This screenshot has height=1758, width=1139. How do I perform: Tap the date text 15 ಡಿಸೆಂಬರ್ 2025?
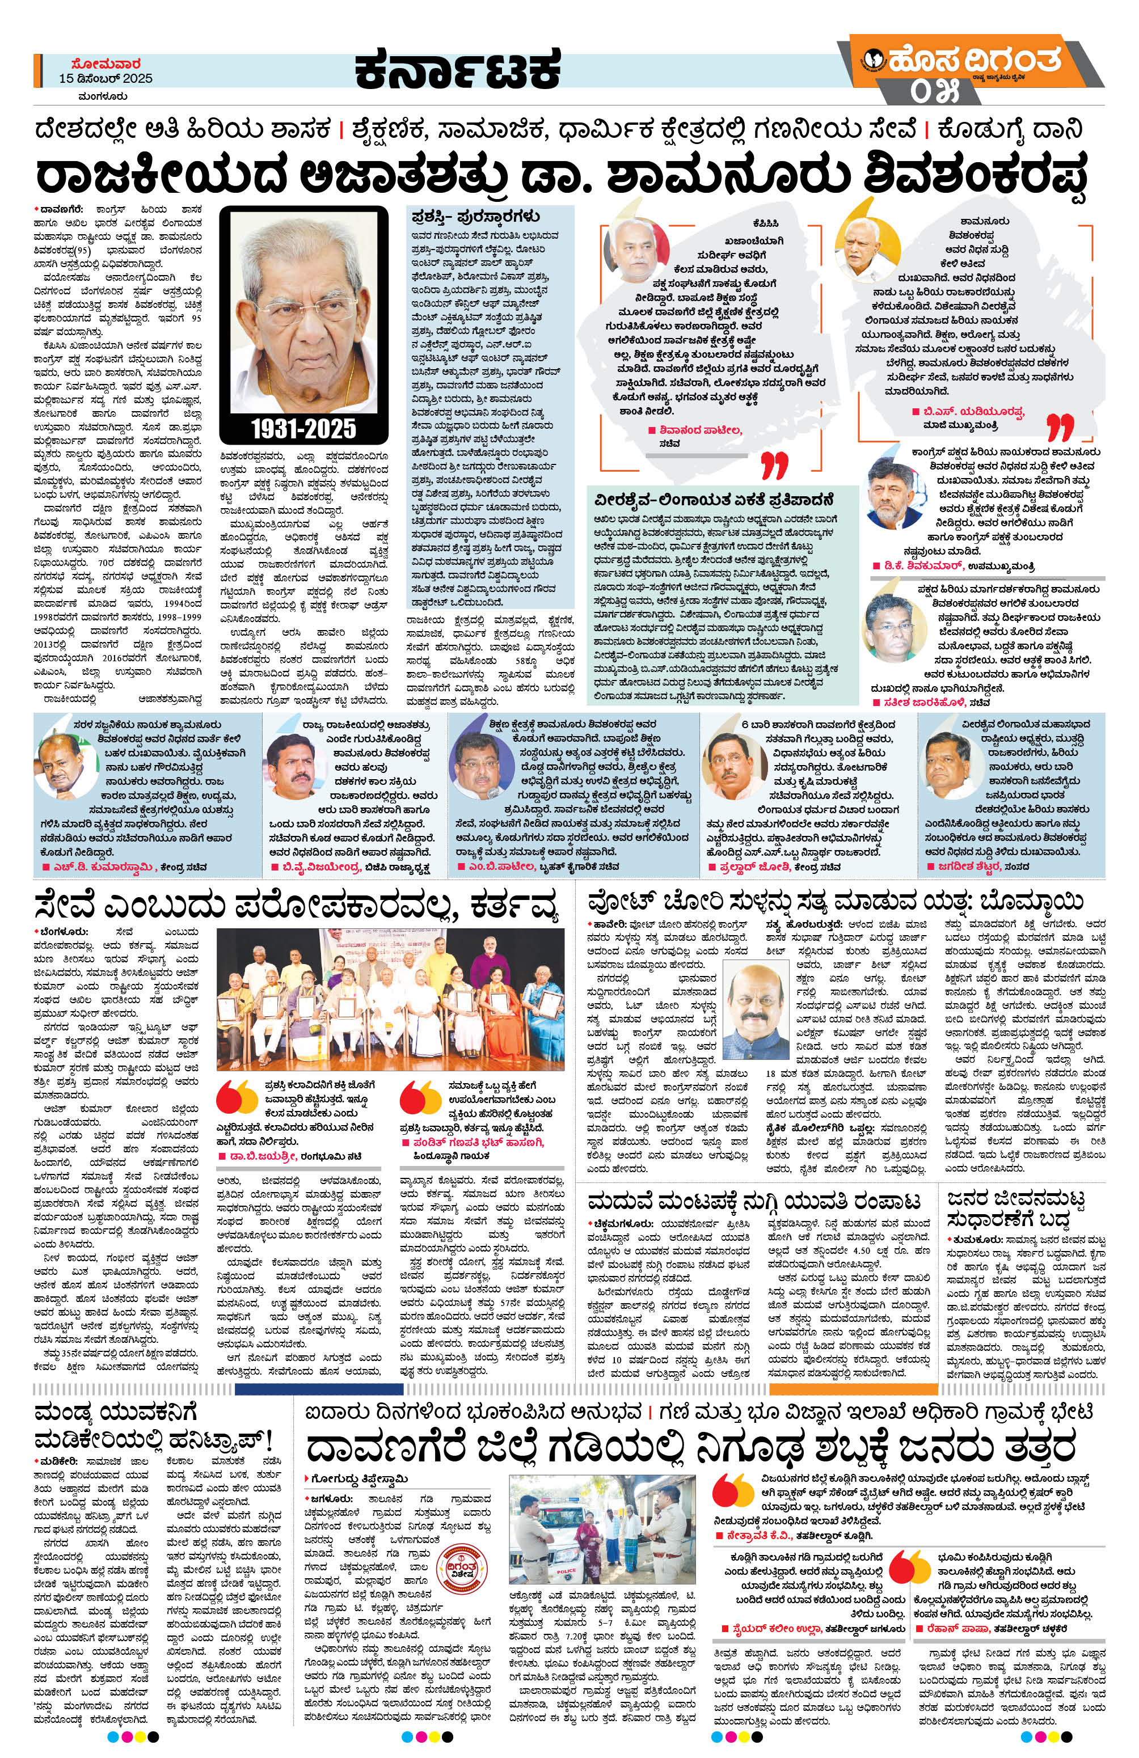(x=107, y=78)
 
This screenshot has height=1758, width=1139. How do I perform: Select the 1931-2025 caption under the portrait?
(x=303, y=428)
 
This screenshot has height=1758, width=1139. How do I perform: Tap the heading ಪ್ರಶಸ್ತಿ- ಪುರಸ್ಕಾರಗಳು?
(x=476, y=217)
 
